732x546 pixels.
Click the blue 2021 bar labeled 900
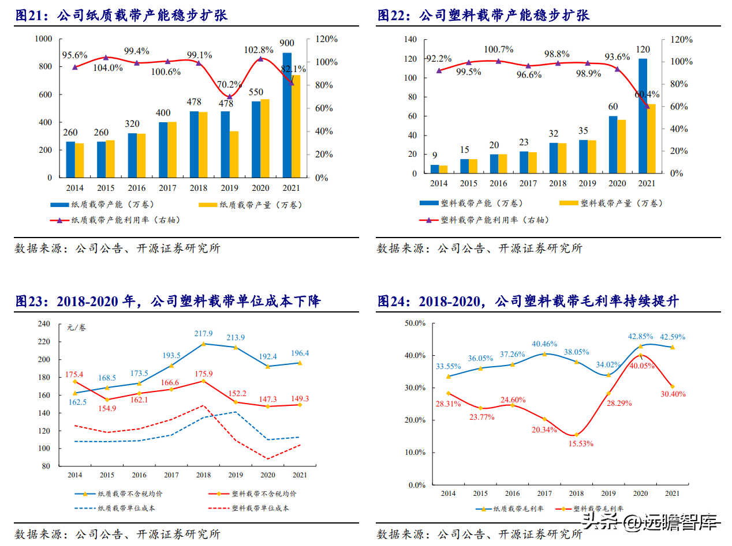tap(287, 115)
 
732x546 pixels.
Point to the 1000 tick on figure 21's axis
tap(44, 39)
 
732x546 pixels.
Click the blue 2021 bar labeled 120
tap(643, 116)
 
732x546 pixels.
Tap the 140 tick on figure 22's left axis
tap(410, 39)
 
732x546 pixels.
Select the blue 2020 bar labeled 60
tap(613, 145)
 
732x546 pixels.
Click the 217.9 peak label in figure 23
tap(204, 334)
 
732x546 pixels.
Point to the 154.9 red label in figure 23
tap(107, 408)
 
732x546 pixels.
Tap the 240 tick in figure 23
tap(44, 324)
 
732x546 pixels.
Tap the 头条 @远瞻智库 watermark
tap(650, 522)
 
